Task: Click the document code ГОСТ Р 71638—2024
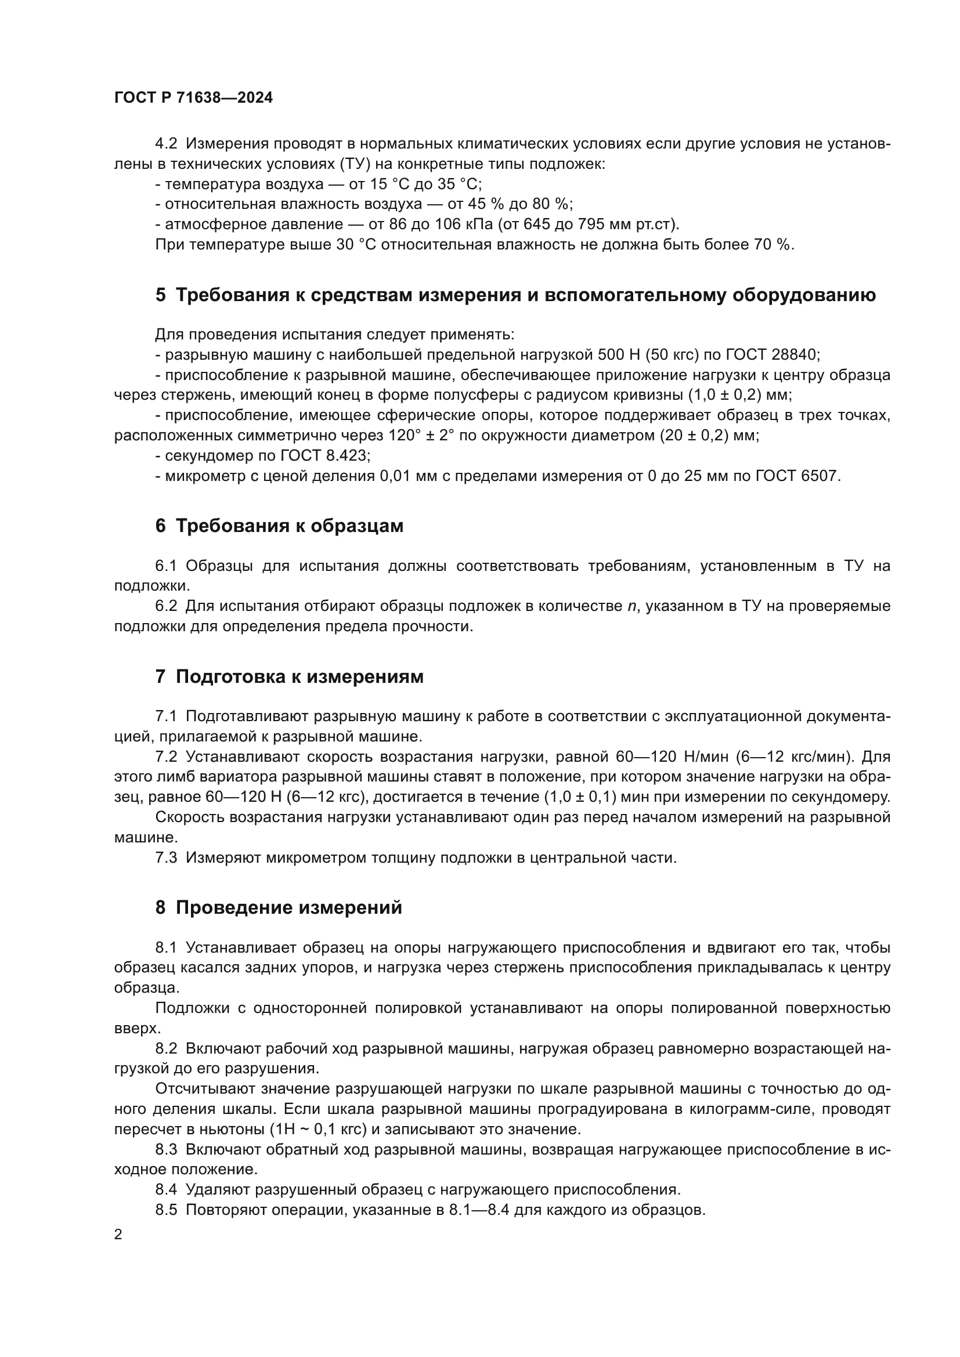193,98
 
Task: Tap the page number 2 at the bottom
118,1235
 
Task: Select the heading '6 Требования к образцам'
279,526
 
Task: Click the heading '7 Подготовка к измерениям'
289,676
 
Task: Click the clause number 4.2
166,144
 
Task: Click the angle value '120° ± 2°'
430,436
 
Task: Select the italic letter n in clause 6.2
631,606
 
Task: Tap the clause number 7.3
166,857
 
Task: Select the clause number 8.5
166,1210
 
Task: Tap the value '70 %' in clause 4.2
772,245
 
